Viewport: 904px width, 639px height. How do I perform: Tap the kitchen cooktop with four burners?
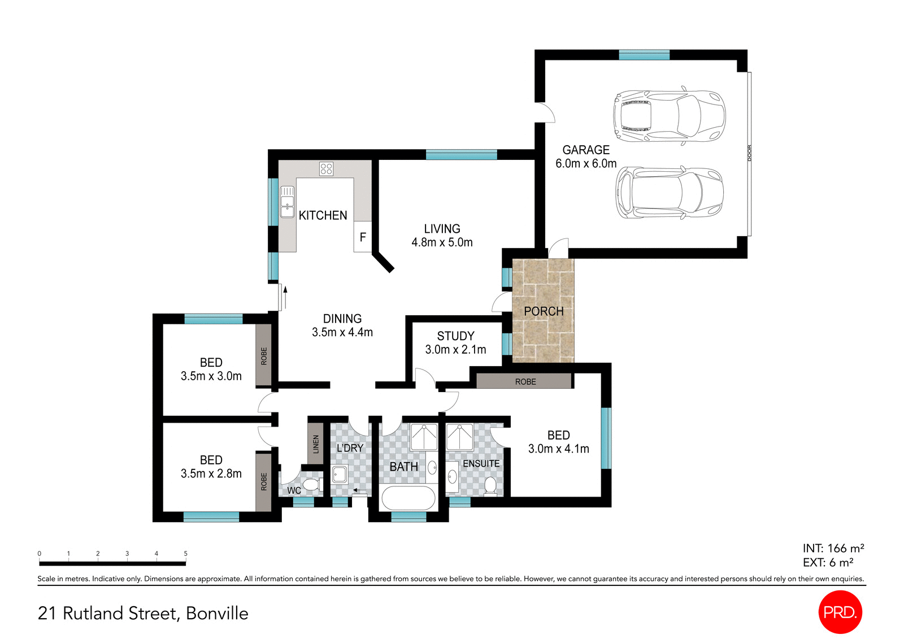click(x=326, y=168)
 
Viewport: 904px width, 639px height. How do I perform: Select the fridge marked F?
click(x=363, y=237)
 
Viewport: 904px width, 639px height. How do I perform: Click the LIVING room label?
click(x=442, y=229)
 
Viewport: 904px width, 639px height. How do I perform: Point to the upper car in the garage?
click(x=669, y=116)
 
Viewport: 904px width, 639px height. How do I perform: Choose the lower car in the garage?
click(x=669, y=193)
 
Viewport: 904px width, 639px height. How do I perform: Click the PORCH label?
click(x=544, y=311)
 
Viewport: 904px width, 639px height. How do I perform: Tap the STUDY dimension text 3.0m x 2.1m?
click(x=455, y=350)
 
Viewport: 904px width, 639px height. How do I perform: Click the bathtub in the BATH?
click(x=408, y=498)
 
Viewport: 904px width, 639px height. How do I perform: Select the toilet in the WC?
click(x=311, y=485)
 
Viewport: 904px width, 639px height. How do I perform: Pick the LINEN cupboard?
click(x=316, y=444)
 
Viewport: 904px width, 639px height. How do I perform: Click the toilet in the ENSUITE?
click(x=490, y=485)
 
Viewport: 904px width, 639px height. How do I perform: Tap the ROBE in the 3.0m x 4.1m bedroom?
click(x=524, y=381)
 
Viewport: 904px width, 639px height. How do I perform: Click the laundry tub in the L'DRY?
click(x=340, y=475)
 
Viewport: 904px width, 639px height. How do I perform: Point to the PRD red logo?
click(x=840, y=612)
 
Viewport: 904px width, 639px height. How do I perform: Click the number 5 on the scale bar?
click(x=185, y=554)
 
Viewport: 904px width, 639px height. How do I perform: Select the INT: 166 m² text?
click(x=833, y=548)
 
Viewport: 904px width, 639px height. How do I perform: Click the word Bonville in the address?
click(x=217, y=614)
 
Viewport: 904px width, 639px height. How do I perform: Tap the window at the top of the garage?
click(x=644, y=55)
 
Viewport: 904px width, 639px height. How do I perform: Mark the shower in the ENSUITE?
click(x=459, y=437)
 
